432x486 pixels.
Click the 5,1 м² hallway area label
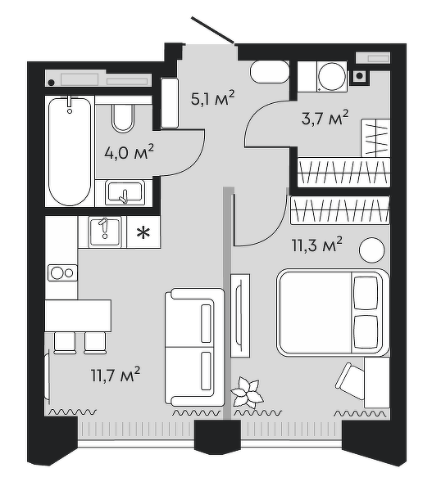pos(213,98)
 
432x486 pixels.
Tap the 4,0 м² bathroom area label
pos(129,152)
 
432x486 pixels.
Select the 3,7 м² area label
pos(325,118)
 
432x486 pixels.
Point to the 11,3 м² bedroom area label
pos(316,245)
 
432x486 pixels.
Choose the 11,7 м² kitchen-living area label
pos(116,375)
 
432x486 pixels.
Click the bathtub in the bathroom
pos(70,151)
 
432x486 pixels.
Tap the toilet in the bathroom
pos(123,118)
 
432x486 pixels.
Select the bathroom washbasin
pos(125,193)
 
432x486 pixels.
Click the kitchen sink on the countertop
pos(105,232)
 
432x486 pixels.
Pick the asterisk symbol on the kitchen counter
pos(143,232)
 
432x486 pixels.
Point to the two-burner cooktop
pos(62,272)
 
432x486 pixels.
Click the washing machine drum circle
pos(332,77)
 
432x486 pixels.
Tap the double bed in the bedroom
pos(333,313)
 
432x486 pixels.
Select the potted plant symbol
pos(248,393)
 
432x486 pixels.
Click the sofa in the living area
pos(194,347)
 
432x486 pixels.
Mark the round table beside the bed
pos(372,250)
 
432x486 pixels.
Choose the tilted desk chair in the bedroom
pos(350,381)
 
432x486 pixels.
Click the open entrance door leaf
pos(212,29)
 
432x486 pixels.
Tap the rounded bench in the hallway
pos(270,72)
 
